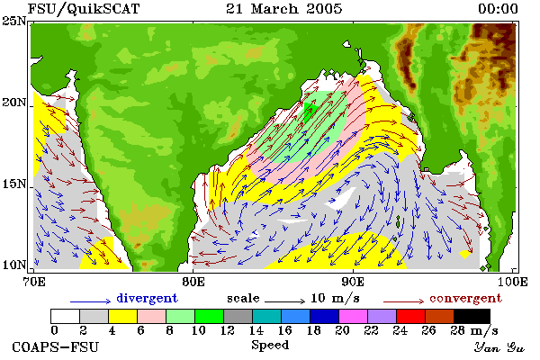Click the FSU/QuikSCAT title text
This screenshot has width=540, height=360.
(84, 9)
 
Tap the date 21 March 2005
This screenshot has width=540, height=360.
(284, 9)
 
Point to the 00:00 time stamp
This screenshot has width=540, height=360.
(498, 9)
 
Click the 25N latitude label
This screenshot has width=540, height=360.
(14, 21)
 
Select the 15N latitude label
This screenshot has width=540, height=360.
(14, 184)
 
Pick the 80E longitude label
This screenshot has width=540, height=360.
(193, 282)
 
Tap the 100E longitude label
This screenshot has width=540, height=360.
(512, 282)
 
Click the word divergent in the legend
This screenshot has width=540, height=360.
(147, 298)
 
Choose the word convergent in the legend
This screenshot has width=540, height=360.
(465, 298)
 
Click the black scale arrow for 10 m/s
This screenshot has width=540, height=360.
(284, 301)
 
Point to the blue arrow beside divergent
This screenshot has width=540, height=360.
(90, 301)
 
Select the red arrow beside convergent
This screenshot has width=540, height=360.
(403, 301)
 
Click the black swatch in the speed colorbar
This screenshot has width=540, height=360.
(472, 316)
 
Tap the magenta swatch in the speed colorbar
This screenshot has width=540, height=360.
(354, 316)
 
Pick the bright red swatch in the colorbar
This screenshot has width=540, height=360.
(411, 316)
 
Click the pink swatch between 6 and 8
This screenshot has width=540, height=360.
(151, 316)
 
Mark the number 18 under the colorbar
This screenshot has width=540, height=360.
(313, 330)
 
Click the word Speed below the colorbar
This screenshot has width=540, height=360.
(270, 346)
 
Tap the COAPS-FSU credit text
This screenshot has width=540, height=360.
(55, 346)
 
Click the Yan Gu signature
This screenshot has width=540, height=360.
(499, 347)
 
